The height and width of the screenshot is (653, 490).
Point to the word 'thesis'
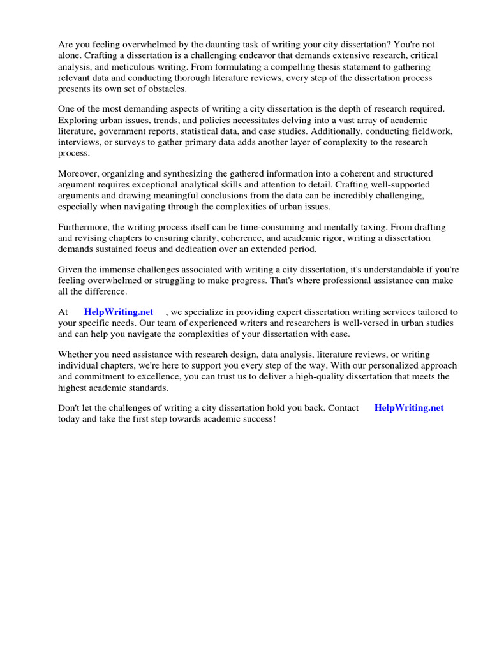(298, 66)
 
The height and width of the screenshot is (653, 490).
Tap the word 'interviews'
(78, 142)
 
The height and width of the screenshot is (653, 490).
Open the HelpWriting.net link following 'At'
(119, 312)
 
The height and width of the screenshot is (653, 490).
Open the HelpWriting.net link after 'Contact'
(408, 407)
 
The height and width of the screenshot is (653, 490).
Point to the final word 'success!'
(256, 419)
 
